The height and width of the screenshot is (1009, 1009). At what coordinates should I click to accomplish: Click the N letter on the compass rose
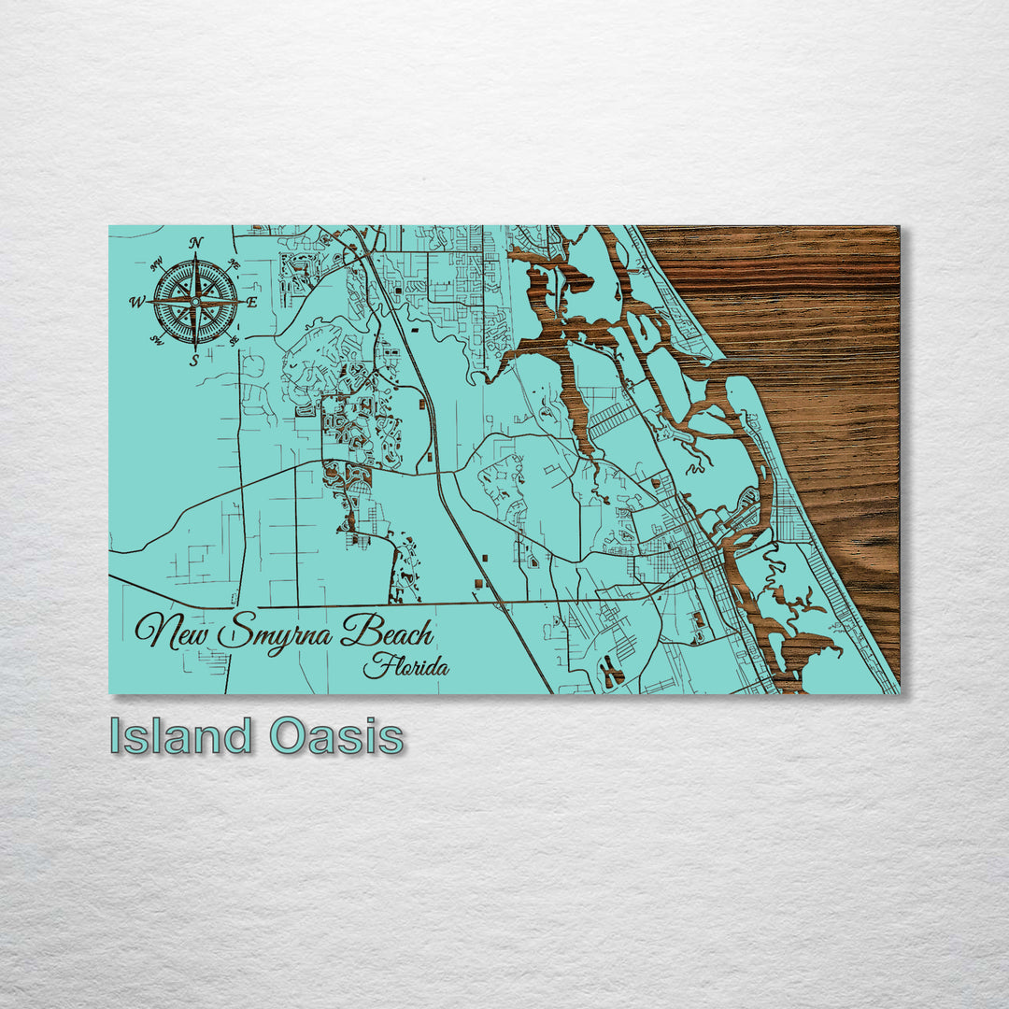[x=196, y=243]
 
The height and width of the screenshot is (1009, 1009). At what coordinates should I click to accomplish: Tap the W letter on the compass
[x=136, y=302]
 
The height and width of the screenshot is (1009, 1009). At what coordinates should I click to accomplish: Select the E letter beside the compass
[x=252, y=302]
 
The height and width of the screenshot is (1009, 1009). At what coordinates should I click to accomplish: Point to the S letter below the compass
[x=194, y=361]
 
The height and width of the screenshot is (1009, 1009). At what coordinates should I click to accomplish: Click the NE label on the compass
[x=234, y=264]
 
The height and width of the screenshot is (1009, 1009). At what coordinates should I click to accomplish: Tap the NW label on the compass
[x=156, y=263]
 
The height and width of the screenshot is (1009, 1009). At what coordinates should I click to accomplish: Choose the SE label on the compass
[x=234, y=340]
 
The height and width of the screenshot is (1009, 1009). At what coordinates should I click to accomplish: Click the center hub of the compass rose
[x=195, y=302]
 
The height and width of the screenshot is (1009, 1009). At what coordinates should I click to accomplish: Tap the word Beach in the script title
[x=387, y=634]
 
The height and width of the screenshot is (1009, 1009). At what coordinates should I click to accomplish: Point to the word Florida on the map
[x=405, y=667]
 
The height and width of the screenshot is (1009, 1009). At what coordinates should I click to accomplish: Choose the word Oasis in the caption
[x=337, y=736]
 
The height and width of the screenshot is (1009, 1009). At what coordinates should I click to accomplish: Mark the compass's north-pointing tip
[x=195, y=253]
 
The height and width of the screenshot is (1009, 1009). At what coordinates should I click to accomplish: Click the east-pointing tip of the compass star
[x=245, y=302]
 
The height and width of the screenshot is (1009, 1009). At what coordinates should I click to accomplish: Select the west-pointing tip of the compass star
[x=147, y=302]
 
